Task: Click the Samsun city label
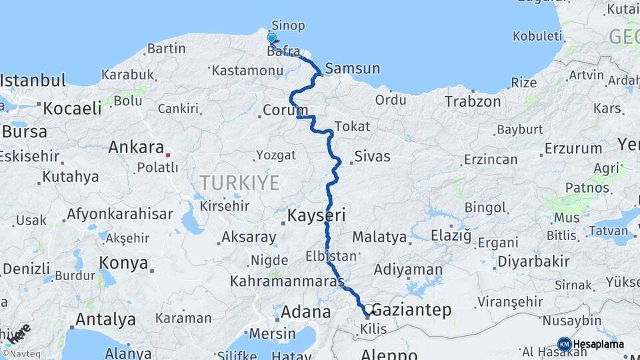pyautogui.click(x=353, y=68)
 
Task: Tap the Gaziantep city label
pyautogui.click(x=411, y=310)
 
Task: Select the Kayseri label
pyautogui.click(x=316, y=215)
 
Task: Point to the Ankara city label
pyautogui.click(x=136, y=147)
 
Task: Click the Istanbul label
pyautogui.click(x=33, y=81)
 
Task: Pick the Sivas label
pyautogui.click(x=372, y=157)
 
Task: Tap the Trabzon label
pyautogui.click(x=473, y=101)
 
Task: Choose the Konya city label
pyautogui.click(x=123, y=263)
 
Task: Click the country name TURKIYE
pyautogui.click(x=239, y=183)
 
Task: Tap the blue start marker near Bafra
pyautogui.click(x=272, y=39)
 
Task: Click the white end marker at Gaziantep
pyautogui.click(x=368, y=309)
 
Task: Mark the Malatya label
pyautogui.click(x=379, y=237)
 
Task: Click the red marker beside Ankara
pyautogui.click(x=168, y=155)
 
